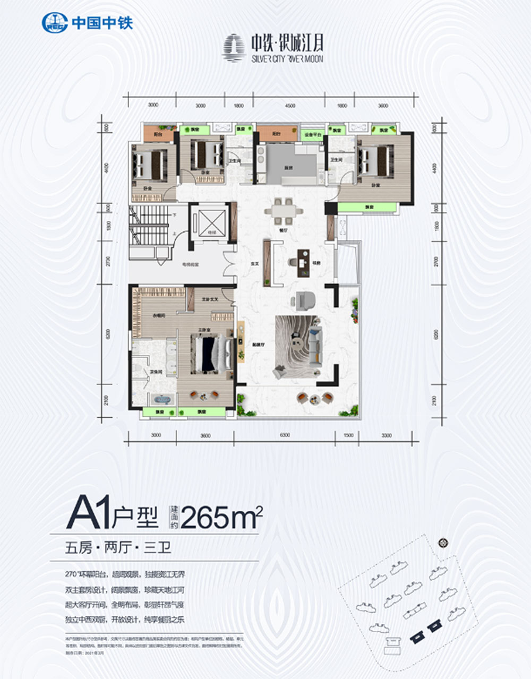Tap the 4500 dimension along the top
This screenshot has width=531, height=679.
tap(289, 106)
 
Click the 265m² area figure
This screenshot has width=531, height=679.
tap(221, 517)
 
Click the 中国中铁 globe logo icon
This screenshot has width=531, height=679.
tap(54, 22)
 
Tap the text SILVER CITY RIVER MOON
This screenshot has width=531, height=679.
tap(287, 59)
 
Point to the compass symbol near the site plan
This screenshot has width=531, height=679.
tap(443, 543)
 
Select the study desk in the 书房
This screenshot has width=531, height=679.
tap(303, 262)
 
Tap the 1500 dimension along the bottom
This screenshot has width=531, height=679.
tap(348, 435)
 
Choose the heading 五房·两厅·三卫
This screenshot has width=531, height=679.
tap(118, 548)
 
